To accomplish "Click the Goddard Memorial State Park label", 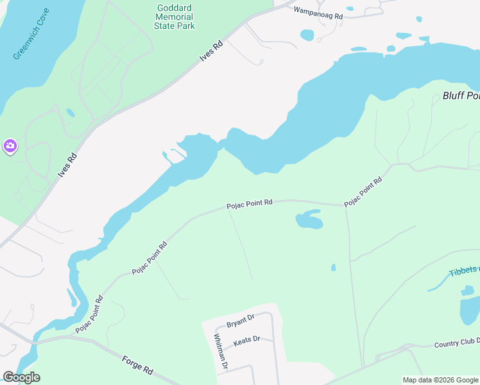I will pyautogui.click(x=175, y=17).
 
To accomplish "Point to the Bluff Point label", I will pyautogui.click(x=461, y=96).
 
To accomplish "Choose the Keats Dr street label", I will pyautogui.click(x=246, y=340).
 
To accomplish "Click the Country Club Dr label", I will pyautogui.click(x=456, y=343).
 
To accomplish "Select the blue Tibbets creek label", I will pyautogui.click(x=463, y=270).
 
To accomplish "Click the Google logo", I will pyautogui.click(x=21, y=377).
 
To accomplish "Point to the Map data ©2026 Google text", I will pyautogui.click(x=440, y=380).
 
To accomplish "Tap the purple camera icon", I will pyautogui.click(x=10, y=146).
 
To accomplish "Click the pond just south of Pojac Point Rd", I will pyautogui.click(x=309, y=220).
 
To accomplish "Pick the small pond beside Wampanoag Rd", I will pyautogui.click(x=307, y=34).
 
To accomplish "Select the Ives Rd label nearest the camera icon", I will pyautogui.click(x=67, y=165).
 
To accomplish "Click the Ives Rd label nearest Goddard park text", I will pyautogui.click(x=210, y=51).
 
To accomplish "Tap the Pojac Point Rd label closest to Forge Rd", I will pyautogui.click(x=89, y=314).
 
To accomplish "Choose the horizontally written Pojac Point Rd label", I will pyautogui.click(x=250, y=204).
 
